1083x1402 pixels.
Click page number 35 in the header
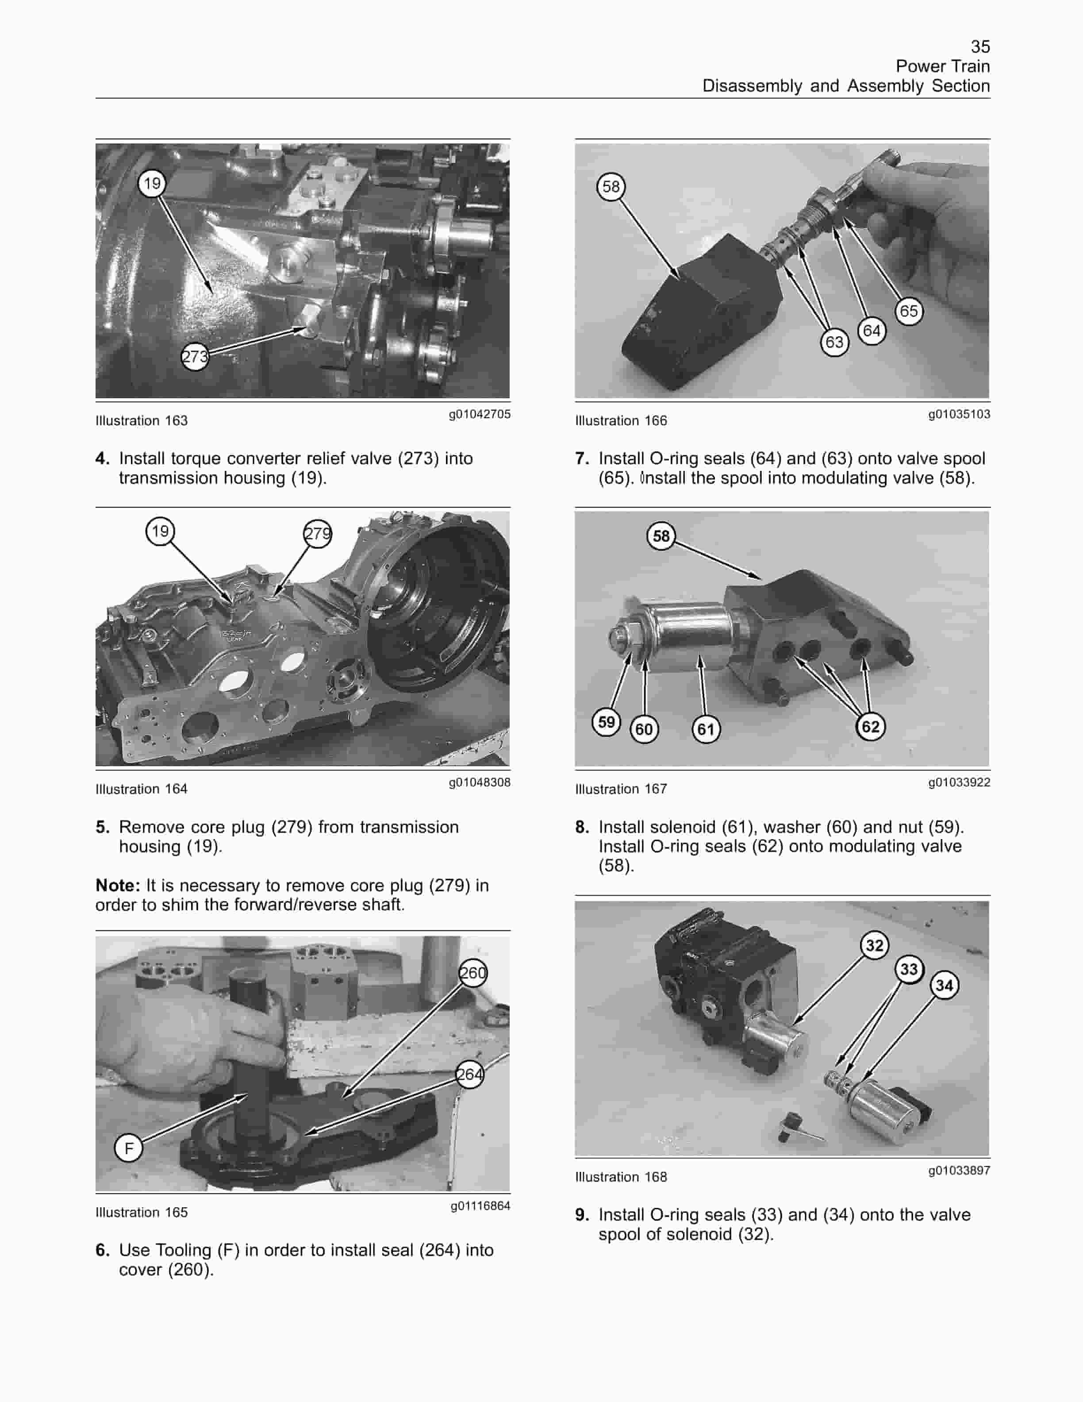point(980,47)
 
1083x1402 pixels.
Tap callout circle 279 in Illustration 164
point(318,533)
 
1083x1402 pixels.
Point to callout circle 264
point(470,1074)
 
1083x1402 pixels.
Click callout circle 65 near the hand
point(909,312)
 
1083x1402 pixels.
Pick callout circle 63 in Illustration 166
point(834,342)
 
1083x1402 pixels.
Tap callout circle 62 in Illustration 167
point(871,727)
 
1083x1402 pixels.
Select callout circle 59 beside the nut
point(606,722)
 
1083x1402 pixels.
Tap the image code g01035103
point(959,414)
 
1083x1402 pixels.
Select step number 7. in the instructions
point(582,458)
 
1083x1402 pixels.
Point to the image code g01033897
point(959,1170)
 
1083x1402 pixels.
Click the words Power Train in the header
point(942,66)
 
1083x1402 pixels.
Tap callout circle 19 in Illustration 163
point(152,184)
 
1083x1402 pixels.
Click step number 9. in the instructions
point(582,1214)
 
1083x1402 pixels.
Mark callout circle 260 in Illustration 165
point(473,973)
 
